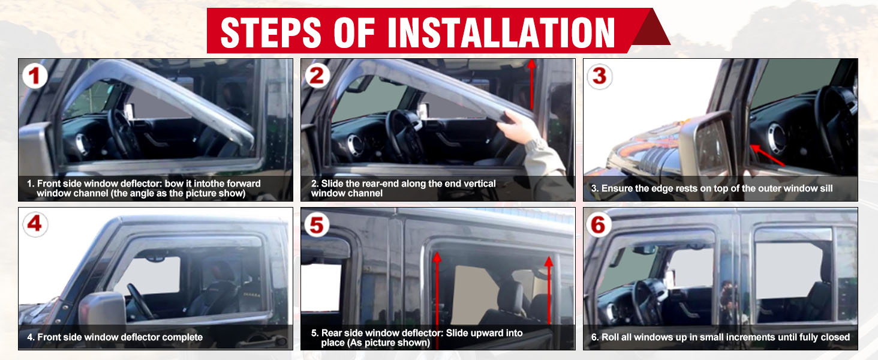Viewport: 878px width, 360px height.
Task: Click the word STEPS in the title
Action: (271, 32)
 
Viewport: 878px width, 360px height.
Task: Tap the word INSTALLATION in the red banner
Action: (501, 32)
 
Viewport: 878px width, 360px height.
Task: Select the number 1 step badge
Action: (35, 76)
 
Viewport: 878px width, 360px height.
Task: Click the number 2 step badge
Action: (317, 76)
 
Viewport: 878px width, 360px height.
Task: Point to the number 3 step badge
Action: (600, 76)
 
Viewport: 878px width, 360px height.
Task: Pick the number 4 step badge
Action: (35, 224)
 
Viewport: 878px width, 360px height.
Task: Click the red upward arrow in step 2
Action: (531, 85)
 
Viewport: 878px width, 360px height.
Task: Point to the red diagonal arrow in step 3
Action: (768, 155)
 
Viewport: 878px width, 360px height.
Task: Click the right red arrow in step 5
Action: (549, 290)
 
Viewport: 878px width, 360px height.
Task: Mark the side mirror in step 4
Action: (103, 310)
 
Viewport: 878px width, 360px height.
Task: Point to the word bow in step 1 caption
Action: (172, 184)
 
